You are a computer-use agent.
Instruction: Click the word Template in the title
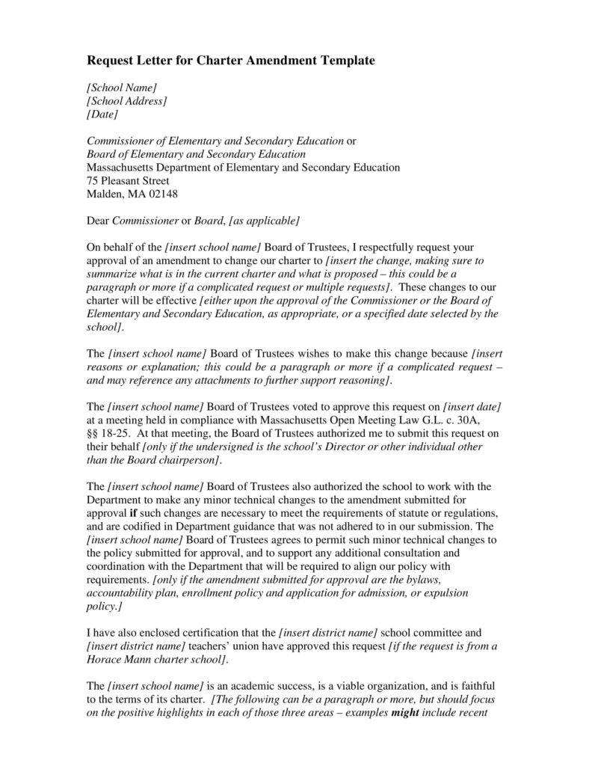340,60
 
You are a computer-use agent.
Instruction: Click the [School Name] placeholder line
122,88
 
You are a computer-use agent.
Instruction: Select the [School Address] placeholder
127,101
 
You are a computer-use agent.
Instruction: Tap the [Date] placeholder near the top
102,114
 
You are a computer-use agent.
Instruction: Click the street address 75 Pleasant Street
128,180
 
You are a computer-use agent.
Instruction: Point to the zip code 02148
162,194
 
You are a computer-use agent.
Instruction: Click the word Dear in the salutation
99,220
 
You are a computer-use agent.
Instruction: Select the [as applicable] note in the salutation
265,220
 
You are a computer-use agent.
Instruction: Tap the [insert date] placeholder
472,406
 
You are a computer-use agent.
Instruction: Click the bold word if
134,512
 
